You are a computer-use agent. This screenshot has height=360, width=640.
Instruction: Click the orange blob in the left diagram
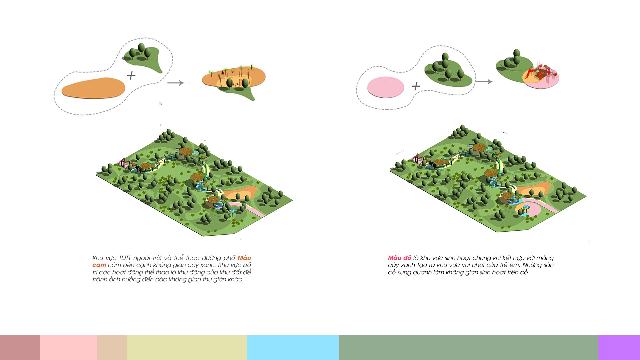[93, 88]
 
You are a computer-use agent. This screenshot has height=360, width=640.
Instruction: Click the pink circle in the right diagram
[386, 87]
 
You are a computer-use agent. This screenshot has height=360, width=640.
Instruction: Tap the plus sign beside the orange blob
[131, 76]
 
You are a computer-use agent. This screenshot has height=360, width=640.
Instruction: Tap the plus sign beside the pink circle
[416, 86]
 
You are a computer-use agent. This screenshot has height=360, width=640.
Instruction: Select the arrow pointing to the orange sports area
[175, 83]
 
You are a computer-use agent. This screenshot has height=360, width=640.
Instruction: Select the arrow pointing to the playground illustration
[484, 82]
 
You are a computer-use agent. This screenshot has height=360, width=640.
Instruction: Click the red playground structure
[542, 71]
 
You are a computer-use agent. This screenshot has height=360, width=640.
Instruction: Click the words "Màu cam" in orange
[172, 261]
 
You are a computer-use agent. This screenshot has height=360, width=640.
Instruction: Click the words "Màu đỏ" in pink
[399, 258]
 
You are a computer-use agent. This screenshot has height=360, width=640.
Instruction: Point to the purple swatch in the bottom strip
[619, 348]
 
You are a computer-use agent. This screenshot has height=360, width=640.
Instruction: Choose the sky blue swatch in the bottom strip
[293, 348]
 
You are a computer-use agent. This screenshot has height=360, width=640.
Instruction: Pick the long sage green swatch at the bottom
[468, 348]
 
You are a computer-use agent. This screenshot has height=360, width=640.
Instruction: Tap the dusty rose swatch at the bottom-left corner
[20, 348]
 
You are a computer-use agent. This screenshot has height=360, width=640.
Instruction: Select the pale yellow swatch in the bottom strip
[187, 348]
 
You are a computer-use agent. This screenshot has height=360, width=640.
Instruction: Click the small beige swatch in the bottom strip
[112, 348]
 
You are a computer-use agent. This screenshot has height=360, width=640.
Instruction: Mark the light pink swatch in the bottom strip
[69, 348]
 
